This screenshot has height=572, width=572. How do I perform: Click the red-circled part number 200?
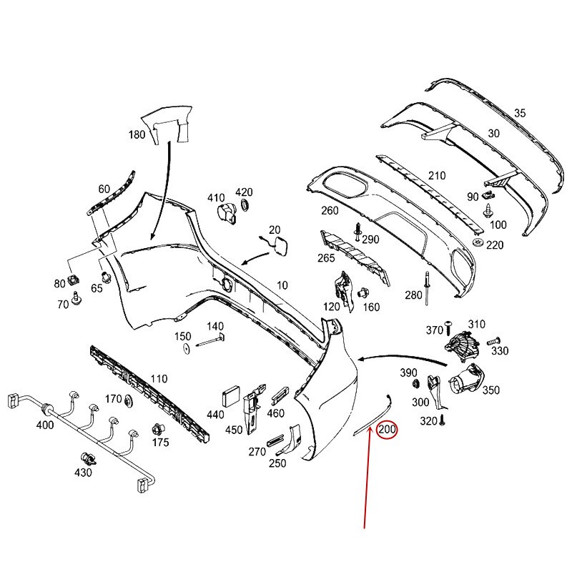(x=387, y=430)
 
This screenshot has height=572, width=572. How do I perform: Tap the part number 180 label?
(x=137, y=134)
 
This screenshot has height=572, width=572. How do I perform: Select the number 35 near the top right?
(x=520, y=113)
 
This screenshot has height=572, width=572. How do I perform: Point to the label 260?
(x=330, y=210)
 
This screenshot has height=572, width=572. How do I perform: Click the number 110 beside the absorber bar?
(x=159, y=378)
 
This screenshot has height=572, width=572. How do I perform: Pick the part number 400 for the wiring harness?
(x=44, y=425)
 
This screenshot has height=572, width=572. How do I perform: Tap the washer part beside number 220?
(x=477, y=245)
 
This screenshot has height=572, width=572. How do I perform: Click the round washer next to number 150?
(x=184, y=348)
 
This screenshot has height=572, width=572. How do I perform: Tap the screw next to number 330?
(x=492, y=342)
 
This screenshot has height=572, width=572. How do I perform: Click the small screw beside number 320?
(x=443, y=421)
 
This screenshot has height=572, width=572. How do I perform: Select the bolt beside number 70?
(x=75, y=298)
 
